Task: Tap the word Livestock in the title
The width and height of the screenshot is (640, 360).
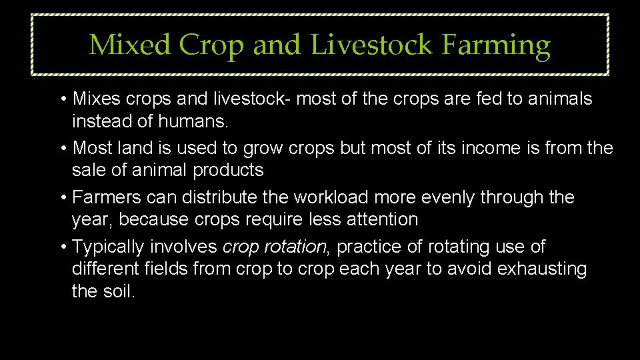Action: (x=371, y=45)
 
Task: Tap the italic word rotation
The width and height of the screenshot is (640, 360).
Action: (x=295, y=247)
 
